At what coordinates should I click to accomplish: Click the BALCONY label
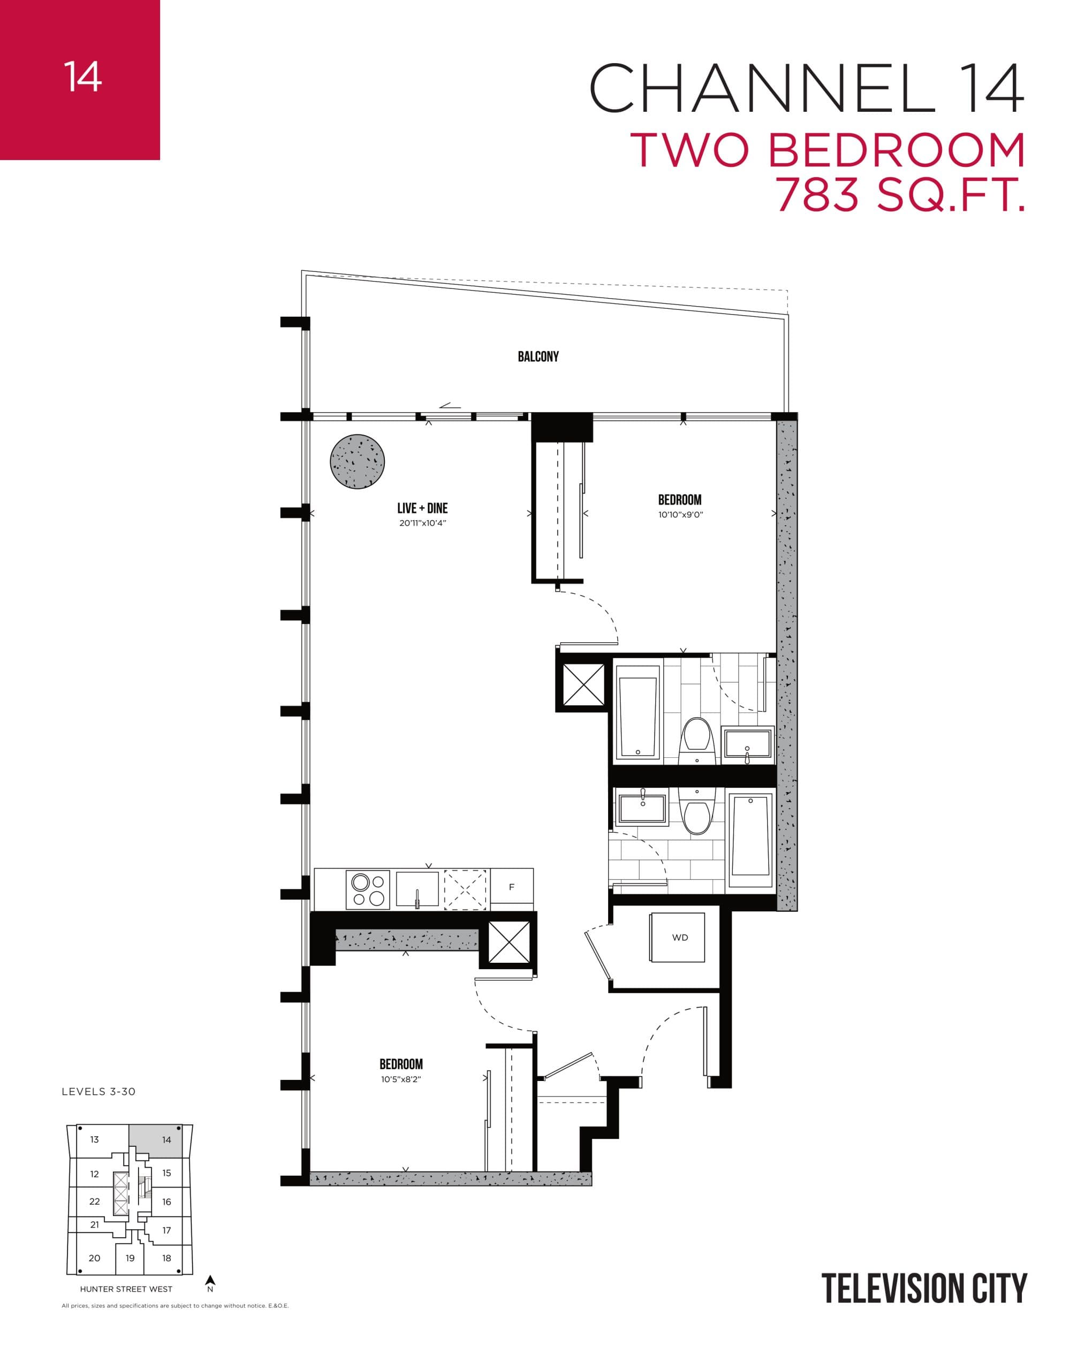538,356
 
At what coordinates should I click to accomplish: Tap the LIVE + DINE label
422,508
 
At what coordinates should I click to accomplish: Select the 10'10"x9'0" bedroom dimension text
680,515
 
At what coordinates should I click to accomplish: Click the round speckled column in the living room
358,462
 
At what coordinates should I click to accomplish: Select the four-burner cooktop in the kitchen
368,889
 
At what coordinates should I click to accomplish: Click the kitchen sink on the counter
418,889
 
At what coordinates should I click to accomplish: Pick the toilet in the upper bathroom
697,740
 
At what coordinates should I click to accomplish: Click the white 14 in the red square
82,77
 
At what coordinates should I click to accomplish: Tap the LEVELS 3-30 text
98,1092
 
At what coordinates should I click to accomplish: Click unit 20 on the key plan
95,1258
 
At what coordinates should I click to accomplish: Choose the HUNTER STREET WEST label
126,1289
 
